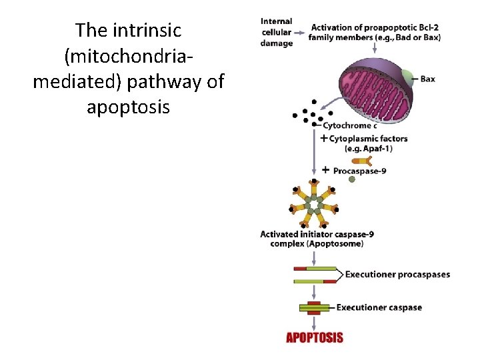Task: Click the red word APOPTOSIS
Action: click(315, 337)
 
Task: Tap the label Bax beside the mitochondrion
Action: click(427, 79)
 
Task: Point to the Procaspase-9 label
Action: click(359, 171)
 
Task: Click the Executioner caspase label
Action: click(379, 307)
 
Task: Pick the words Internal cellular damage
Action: click(277, 32)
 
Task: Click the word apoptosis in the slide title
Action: click(128, 107)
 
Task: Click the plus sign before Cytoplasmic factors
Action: click(324, 139)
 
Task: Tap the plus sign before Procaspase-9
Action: click(325, 170)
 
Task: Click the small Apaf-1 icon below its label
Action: click(362, 160)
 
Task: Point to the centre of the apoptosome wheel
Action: click(313, 203)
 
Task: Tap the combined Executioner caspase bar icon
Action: click(313, 307)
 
